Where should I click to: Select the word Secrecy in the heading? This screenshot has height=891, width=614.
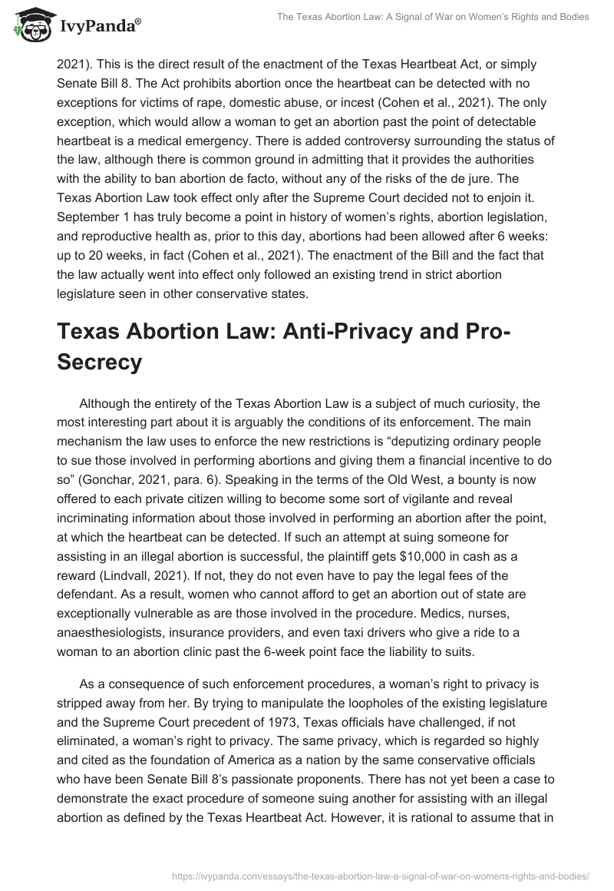(100, 362)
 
